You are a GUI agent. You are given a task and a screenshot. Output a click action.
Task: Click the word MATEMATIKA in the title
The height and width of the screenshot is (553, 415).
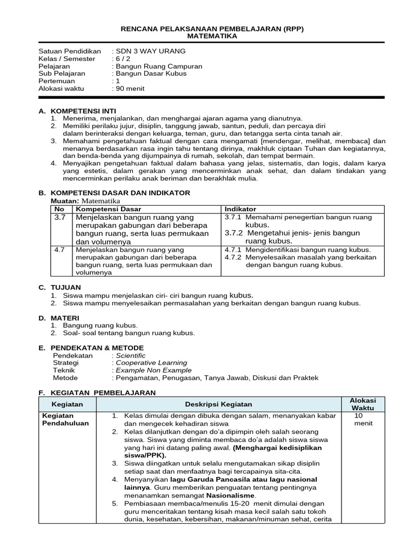tap(212, 36)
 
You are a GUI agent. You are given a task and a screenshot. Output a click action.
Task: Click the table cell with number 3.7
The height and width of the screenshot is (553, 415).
tap(60, 217)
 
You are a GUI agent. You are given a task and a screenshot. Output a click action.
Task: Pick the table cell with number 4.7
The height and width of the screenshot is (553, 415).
tap(60, 250)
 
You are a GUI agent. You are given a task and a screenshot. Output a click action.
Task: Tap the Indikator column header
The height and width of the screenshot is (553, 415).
tap(240, 209)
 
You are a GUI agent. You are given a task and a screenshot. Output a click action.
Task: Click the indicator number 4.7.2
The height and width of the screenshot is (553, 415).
tap(234, 258)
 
